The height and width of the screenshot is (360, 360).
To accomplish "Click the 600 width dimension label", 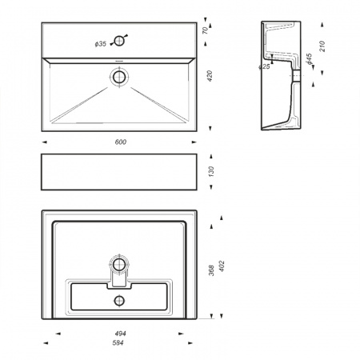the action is (x=121, y=142).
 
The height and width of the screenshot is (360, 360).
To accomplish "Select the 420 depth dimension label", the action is (x=210, y=76).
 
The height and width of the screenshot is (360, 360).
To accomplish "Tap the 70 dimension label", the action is (x=205, y=30).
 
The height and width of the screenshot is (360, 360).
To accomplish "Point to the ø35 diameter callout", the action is (x=101, y=44).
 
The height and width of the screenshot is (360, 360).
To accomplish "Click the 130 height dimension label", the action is (x=211, y=171).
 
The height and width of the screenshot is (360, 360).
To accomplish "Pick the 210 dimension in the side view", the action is (x=322, y=46).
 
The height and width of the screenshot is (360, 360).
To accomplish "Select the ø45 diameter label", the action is (x=310, y=58).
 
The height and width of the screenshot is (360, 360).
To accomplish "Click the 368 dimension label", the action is (x=211, y=270).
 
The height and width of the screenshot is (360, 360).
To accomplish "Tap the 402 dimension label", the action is (x=222, y=266).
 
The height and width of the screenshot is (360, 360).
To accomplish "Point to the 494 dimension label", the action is (x=121, y=334).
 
